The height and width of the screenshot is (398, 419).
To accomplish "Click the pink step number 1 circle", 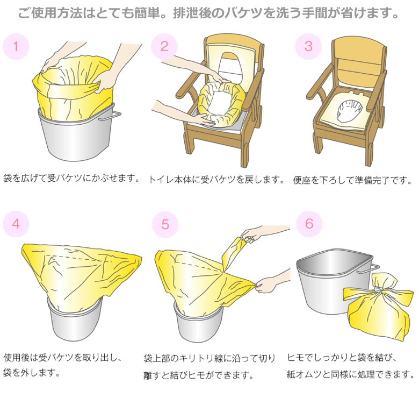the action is pyautogui.click(x=16, y=46).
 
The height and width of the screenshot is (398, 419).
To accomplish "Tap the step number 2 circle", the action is pyautogui.click(x=164, y=46).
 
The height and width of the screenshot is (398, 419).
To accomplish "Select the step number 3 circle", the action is pyautogui.click(x=308, y=46).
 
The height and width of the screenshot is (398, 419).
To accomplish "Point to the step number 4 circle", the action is pyautogui.click(x=16, y=224).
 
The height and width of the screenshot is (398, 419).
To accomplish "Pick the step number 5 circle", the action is pyautogui.click(x=165, y=224).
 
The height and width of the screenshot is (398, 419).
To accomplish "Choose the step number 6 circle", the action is pyautogui.click(x=309, y=224).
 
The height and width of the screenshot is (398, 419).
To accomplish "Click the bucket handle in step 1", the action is pyautogui.click(x=110, y=116).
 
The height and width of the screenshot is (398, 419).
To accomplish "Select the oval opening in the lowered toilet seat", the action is pyautogui.click(x=350, y=110).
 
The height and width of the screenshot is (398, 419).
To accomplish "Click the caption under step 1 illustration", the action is pyautogui.click(x=71, y=178).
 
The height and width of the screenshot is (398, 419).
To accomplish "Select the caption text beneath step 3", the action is pyautogui.click(x=352, y=180).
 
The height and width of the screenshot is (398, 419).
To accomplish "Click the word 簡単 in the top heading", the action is pyautogui.click(x=147, y=13).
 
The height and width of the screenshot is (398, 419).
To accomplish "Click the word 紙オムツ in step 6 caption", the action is pyautogui.click(x=305, y=374).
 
